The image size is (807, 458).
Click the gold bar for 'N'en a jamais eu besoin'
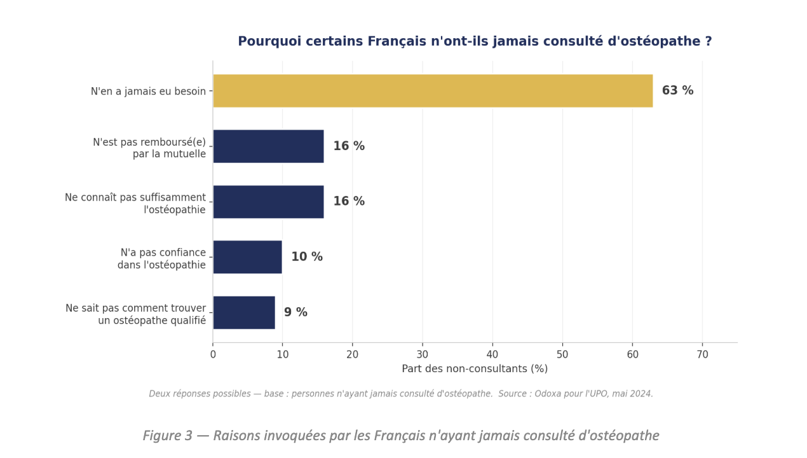tap(432, 91)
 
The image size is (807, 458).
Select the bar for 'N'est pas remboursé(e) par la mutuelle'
tap(268, 146)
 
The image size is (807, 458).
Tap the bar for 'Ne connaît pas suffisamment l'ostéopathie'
tap(268, 202)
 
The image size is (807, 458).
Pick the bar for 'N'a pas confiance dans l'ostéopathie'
tap(247, 257)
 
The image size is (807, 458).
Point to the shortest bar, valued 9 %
tap(243, 312)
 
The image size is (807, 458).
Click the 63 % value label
tap(677, 91)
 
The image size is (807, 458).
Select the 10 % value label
tap(307, 257)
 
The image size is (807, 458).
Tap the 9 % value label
tap(295, 312)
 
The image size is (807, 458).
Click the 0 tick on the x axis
tap(213, 354)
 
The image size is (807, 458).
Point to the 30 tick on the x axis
tap(423, 354)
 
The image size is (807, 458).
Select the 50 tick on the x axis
tap(562, 354)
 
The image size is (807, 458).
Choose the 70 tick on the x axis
tap(702, 354)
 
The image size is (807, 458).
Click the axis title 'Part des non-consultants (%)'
tap(475, 369)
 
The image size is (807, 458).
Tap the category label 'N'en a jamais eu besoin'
tap(148, 92)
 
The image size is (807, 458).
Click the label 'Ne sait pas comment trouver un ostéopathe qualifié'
tap(136, 314)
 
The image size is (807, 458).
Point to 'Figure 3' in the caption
tap(167, 436)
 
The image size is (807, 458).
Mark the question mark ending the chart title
tap(708, 42)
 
